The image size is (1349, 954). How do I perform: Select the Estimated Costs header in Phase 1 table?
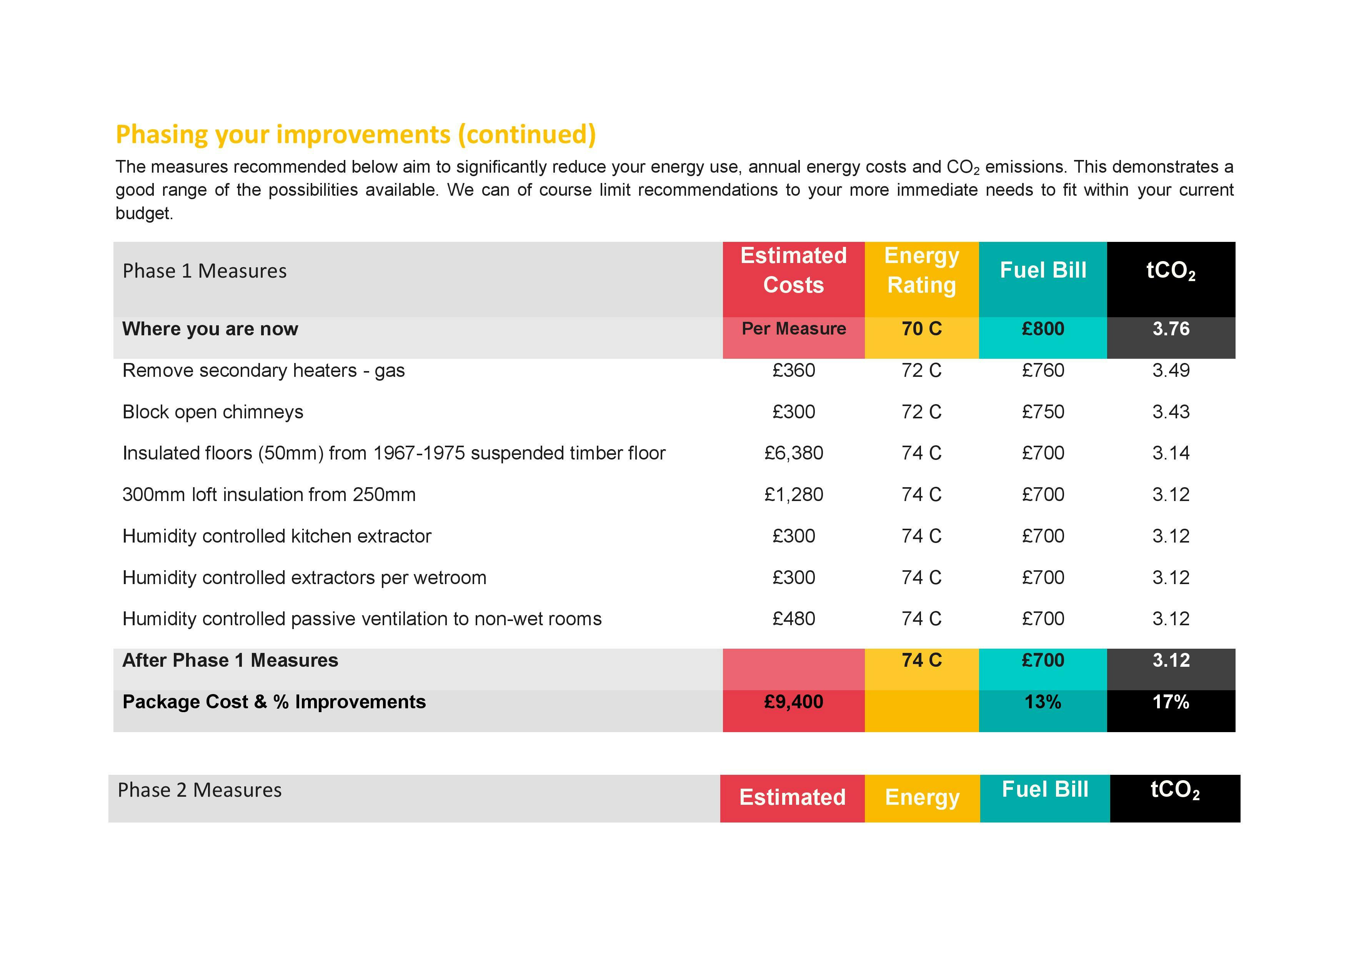tap(793, 270)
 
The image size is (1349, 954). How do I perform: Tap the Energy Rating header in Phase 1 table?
tap(921, 270)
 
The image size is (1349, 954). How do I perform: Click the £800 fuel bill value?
tap(1043, 329)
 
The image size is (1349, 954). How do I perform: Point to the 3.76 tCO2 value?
tap(1171, 329)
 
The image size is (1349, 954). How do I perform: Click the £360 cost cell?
tap(793, 371)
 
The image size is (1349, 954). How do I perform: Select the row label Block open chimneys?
tap(213, 412)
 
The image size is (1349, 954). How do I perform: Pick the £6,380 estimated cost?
tap(793, 453)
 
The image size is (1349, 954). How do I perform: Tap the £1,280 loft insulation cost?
tap(793, 494)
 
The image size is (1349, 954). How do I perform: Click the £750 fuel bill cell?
tap(1043, 412)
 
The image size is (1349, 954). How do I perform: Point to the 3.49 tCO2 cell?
tap(1171, 371)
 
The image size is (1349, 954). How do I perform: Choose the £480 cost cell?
tap(793, 619)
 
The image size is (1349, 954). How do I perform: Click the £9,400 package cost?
tap(793, 702)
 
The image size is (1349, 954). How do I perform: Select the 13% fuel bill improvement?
tap(1043, 702)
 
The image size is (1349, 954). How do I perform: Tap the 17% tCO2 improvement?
tap(1171, 702)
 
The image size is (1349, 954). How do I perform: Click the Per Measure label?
tap(793, 329)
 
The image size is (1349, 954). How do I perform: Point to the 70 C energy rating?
tap(921, 329)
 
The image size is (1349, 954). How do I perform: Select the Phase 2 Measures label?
tap(200, 790)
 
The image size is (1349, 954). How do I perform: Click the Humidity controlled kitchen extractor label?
tap(277, 536)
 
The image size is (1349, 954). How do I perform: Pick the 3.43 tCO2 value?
tap(1171, 412)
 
